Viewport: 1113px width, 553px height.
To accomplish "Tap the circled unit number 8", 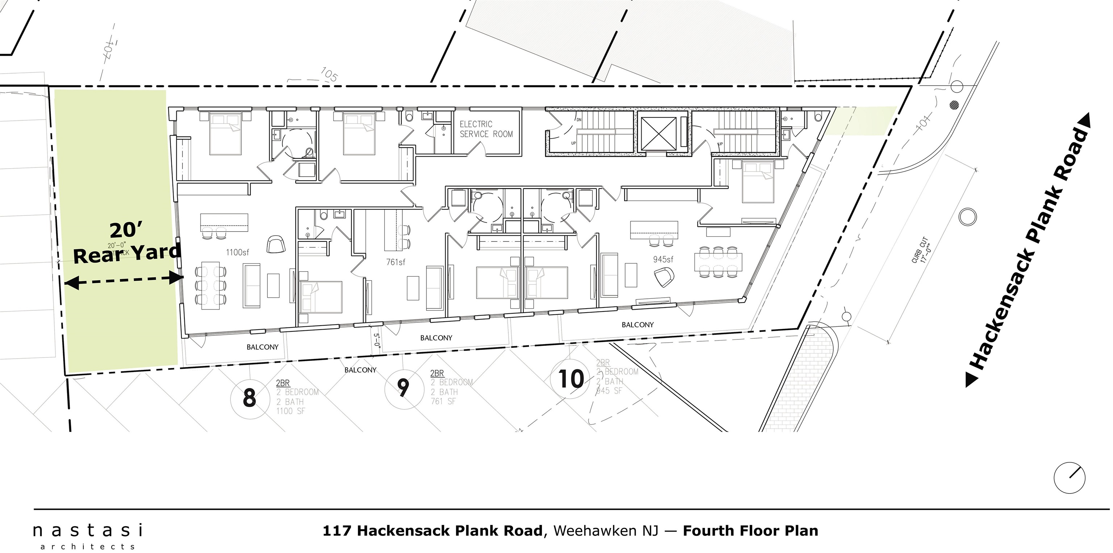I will pos(249,398).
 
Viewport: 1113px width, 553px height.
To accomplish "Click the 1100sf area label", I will pos(237,252).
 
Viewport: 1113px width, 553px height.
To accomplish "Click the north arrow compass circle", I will pos(1070,478).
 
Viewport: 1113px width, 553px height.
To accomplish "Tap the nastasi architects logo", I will pos(88,536).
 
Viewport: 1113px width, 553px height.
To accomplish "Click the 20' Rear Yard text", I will pos(126,243).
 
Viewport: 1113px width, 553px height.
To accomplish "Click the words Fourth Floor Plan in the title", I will pos(750,531).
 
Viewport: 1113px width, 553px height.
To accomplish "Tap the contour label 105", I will pos(329,75).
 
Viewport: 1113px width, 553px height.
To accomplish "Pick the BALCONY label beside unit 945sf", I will pos(637,325).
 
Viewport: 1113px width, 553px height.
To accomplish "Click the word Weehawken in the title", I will pos(606,531).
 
